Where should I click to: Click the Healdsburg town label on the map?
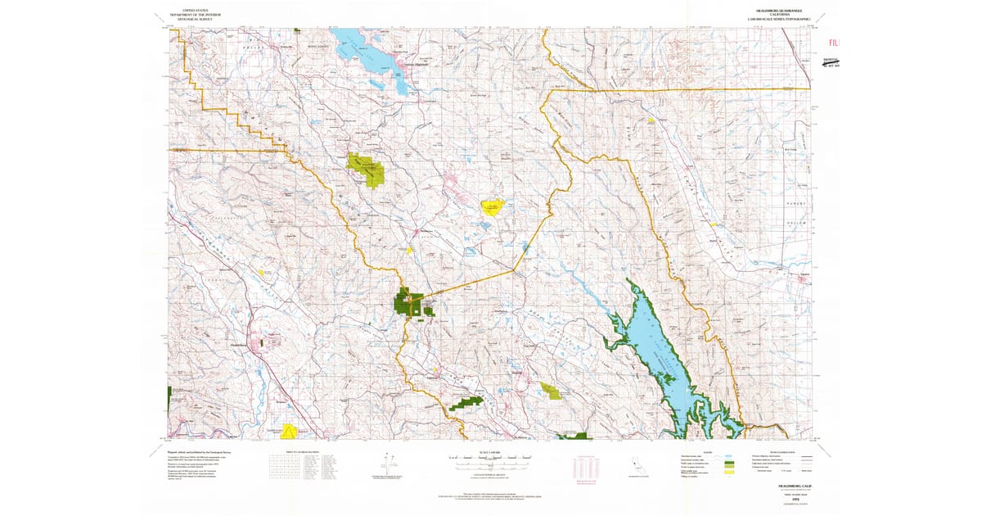point(239,346)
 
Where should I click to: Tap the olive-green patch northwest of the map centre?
point(366,167)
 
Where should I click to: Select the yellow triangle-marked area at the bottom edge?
point(288,431)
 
